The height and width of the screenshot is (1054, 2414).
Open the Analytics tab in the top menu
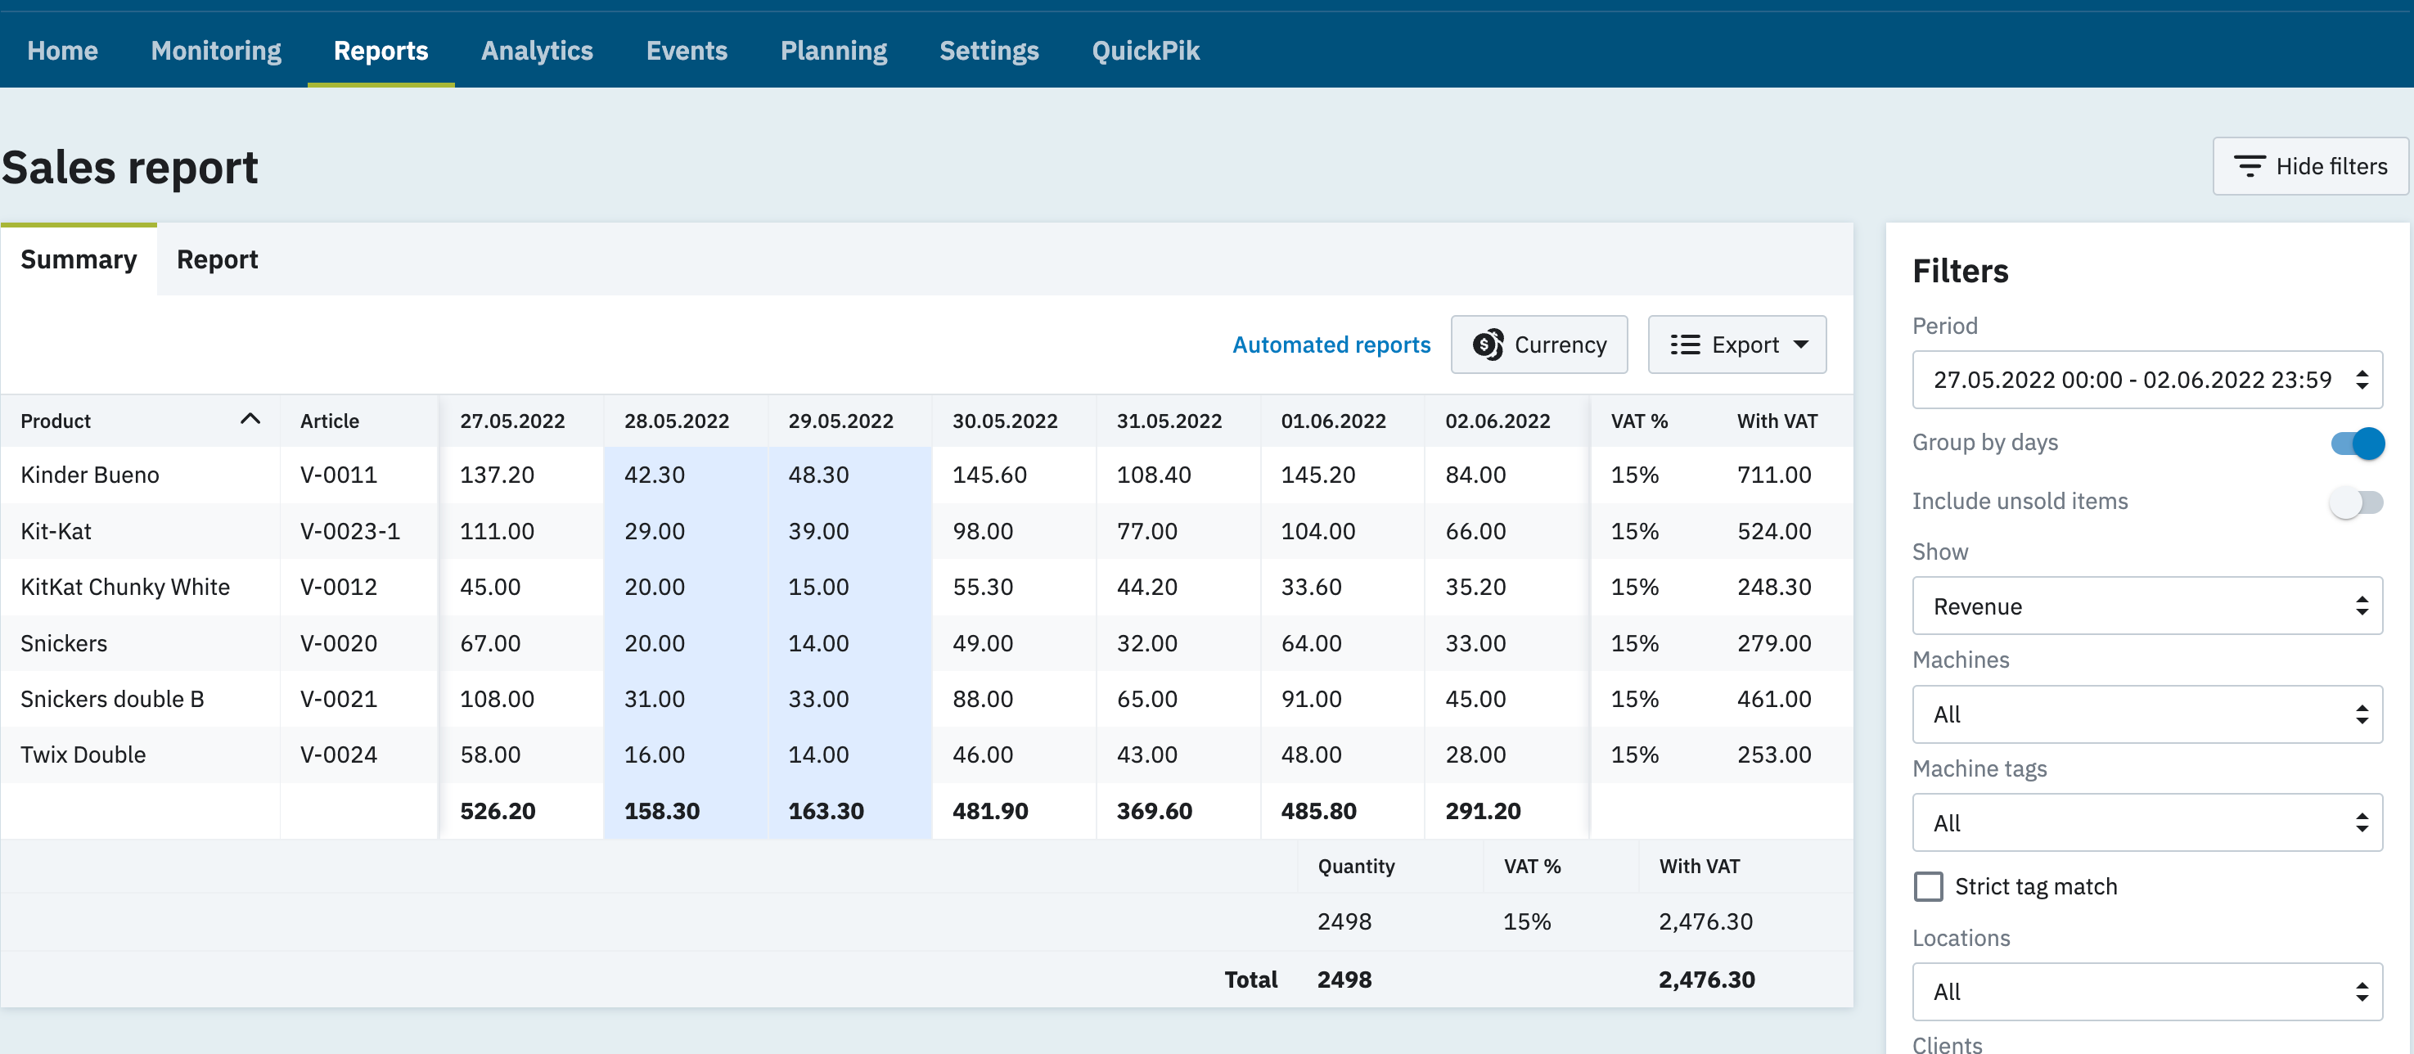click(537, 51)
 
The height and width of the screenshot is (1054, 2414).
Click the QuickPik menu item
click(1145, 51)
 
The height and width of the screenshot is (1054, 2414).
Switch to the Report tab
click(217, 259)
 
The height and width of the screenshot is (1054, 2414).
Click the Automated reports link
click(1331, 345)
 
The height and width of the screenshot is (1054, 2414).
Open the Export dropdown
click(1736, 345)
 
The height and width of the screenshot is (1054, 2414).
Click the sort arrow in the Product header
click(250, 420)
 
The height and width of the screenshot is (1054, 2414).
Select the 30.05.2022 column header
click(1005, 421)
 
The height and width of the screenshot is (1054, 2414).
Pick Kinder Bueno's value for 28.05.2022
click(654, 475)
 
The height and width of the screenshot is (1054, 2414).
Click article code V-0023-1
click(349, 531)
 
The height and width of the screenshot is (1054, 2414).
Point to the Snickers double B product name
click(112, 699)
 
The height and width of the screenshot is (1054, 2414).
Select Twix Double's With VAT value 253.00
click(1773, 754)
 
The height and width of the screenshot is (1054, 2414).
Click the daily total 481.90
click(989, 810)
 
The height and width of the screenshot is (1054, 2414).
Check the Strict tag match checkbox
click(1928, 886)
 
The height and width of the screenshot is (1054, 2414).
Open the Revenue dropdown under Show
click(2146, 606)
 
